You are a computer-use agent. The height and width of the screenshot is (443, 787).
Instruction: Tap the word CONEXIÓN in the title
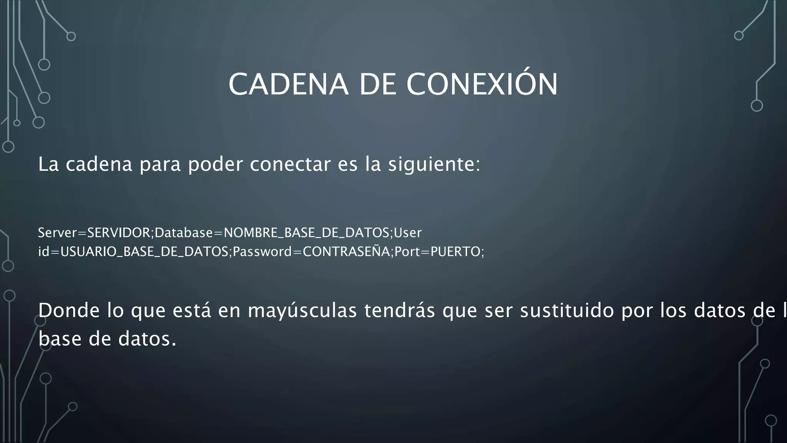click(x=482, y=84)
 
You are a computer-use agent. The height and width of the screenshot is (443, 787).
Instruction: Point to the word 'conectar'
click(x=290, y=165)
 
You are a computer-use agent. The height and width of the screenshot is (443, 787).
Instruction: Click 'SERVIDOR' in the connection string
click(x=120, y=233)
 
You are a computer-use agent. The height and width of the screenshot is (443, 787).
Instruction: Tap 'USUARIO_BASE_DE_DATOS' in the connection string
click(x=144, y=251)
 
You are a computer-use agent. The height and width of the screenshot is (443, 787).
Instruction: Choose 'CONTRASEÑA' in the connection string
click(x=346, y=251)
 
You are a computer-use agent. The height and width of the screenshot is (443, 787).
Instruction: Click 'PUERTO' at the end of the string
click(x=455, y=251)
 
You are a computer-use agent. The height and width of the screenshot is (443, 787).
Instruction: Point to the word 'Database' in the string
click(x=184, y=233)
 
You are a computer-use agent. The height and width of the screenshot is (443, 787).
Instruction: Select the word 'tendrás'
click(x=400, y=311)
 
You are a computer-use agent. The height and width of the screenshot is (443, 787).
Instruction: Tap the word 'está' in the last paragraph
click(x=192, y=311)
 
